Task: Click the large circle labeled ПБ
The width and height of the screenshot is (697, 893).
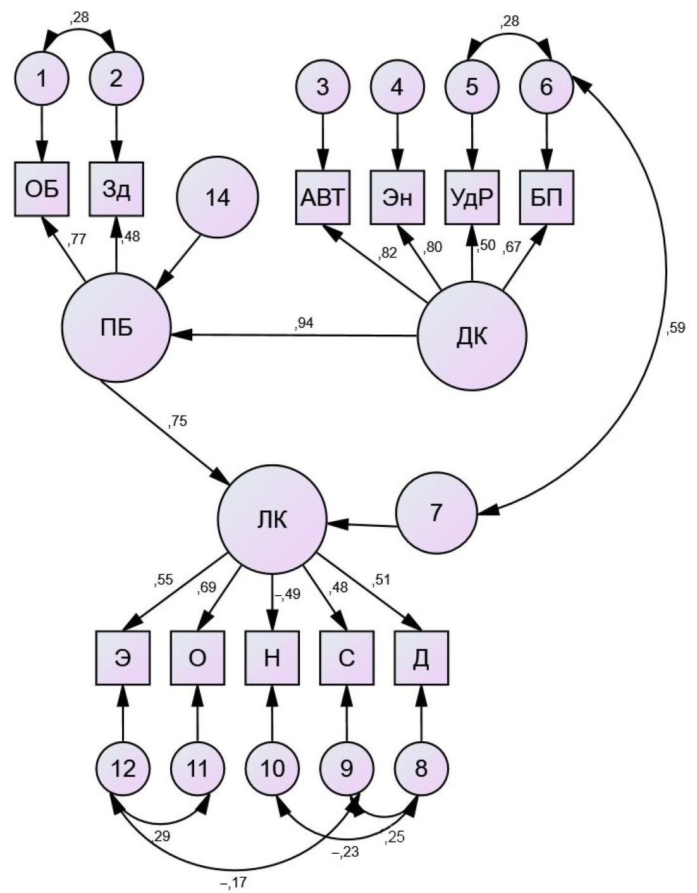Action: point(116,328)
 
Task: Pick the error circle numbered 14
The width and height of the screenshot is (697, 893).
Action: point(218,197)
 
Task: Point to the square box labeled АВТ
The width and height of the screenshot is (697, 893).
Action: point(323,197)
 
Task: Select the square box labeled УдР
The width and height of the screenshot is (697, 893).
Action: point(472,197)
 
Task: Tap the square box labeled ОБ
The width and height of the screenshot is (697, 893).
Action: point(42,189)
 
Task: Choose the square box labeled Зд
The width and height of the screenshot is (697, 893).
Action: point(116,189)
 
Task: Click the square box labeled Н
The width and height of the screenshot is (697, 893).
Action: point(272,658)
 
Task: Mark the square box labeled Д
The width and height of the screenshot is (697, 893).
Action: point(421,658)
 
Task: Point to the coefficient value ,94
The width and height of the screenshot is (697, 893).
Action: point(304,323)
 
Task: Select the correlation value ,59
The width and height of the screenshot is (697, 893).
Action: point(675,328)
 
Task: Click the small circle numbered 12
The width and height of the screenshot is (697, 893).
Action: point(123,768)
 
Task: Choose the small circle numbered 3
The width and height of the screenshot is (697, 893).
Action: point(323,86)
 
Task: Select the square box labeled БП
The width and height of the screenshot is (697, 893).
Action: point(547,197)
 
